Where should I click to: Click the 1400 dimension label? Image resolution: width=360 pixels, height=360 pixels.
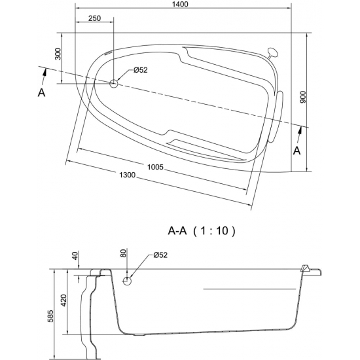point(181,4)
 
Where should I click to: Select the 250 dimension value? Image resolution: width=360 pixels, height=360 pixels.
point(95,18)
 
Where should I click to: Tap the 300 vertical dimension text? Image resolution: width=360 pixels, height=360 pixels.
point(58,54)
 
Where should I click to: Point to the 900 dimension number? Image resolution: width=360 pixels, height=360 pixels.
point(303,98)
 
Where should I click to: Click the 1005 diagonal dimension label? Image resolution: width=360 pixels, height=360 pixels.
point(155,167)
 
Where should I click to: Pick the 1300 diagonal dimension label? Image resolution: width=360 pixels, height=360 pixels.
point(127,175)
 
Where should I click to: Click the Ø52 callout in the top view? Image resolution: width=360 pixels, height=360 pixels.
point(141,70)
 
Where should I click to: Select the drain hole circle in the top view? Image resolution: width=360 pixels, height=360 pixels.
point(114,84)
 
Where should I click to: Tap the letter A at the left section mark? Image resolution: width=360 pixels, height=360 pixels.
point(41,93)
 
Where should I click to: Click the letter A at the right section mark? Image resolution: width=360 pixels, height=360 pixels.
point(297,151)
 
